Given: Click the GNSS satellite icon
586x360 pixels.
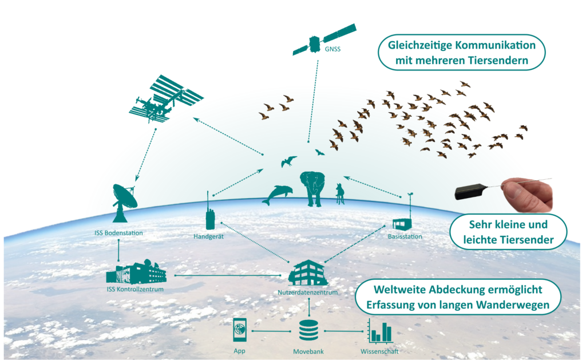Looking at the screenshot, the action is coord(324,40).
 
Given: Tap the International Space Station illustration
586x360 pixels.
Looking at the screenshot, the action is coord(166,99).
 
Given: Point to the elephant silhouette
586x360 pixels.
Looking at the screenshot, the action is coord(312,188).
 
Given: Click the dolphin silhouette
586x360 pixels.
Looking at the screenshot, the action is coord(278,195).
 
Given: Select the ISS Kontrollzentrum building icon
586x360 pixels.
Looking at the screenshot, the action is coord(136,272).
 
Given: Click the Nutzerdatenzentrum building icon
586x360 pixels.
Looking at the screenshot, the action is coord(308,273).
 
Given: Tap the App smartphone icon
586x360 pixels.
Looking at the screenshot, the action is coord(240,330).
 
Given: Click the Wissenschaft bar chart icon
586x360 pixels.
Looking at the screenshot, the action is coord(380,331).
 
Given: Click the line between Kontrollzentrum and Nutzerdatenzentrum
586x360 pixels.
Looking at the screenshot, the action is coord(228,275).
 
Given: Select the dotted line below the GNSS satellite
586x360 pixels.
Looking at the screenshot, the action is coord(313,101).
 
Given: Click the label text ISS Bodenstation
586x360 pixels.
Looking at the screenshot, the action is coord(118,233).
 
